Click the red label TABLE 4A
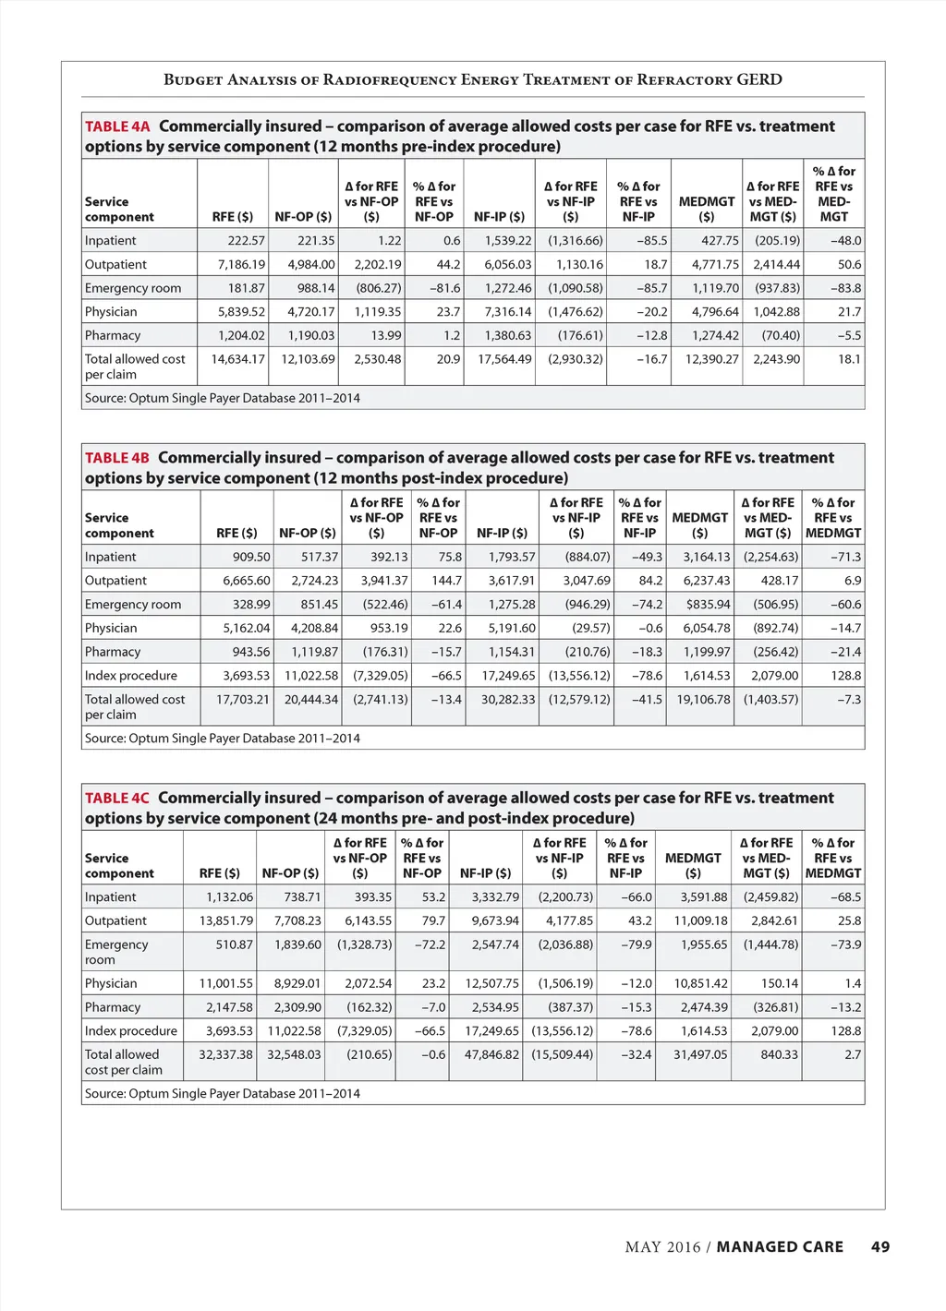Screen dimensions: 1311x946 pos(117,126)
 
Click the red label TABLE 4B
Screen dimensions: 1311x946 pos(116,458)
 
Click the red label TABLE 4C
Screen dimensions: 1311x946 pos(116,799)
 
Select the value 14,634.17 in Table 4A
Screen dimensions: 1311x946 pos(237,359)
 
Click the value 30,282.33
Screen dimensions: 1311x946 pos(507,700)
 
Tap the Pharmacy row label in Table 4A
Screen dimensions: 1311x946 pos(113,336)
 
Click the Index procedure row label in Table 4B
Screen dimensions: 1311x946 pos(131,676)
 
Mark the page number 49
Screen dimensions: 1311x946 pos(880,1247)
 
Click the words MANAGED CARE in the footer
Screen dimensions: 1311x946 pos(780,1247)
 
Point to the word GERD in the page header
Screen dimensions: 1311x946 pos(759,79)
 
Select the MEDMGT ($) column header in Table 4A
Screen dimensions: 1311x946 pos(707,209)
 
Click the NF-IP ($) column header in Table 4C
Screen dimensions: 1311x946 pos(485,873)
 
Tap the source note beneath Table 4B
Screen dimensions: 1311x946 pos(223,739)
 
